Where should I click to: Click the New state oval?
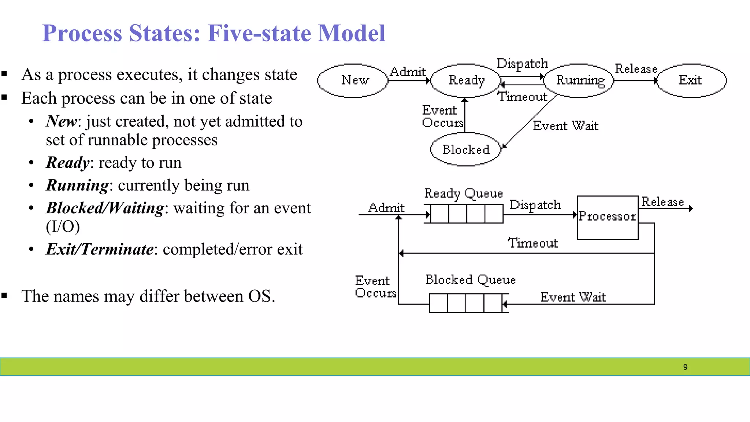point(353,81)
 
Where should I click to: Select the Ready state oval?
point(466,81)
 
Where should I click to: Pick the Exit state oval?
point(691,81)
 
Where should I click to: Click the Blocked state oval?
point(465,149)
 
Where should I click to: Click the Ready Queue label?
point(463,193)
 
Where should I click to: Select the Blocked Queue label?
point(470,280)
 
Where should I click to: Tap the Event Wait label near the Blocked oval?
point(565,126)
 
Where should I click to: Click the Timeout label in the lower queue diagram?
point(533,243)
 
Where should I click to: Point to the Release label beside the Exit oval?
point(636,69)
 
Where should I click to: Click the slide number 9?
point(685,367)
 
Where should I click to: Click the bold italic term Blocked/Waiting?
point(105,208)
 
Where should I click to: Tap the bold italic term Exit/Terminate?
point(100,249)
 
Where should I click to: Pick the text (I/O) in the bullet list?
point(63,226)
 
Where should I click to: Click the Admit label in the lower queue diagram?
point(386,208)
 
